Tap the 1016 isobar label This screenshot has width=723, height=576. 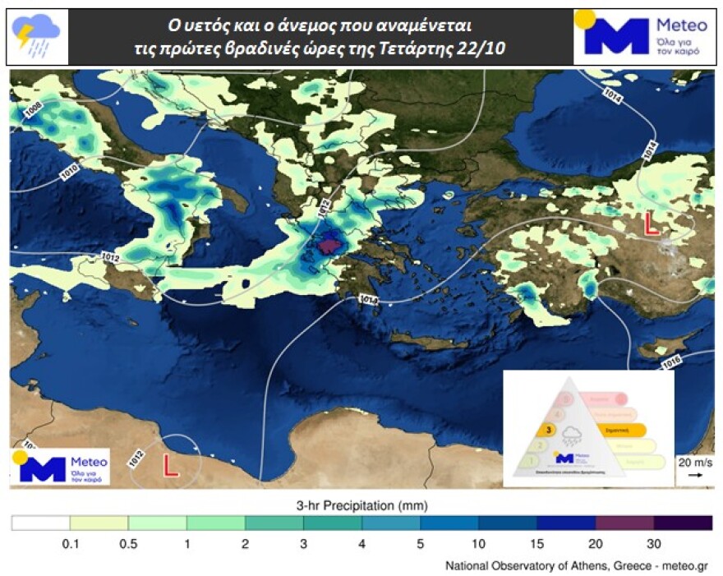pos(671,362)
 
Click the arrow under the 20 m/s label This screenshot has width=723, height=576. pos(695,475)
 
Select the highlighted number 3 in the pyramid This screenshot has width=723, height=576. pos(542,430)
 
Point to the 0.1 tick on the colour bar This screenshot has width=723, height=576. pos(70,543)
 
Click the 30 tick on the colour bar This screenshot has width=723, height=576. pos(654,543)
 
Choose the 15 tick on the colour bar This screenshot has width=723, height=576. pos(537,543)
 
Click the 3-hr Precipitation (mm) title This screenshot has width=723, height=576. pos(361,504)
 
